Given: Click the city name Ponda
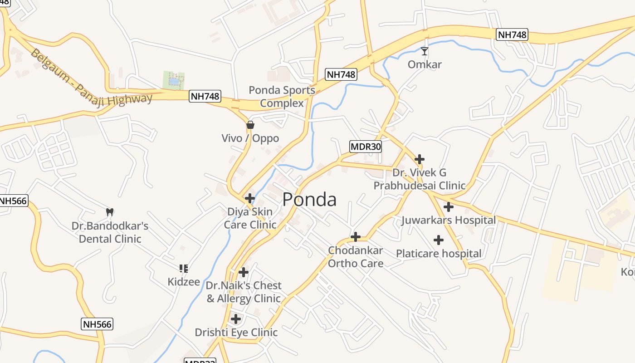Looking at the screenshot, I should pos(309,200).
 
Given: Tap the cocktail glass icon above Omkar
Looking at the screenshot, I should pos(424,51).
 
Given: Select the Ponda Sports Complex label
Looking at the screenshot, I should pos(282,97).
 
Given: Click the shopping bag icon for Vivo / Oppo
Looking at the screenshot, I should pos(250,125).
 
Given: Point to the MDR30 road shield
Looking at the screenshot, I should pos(366,147).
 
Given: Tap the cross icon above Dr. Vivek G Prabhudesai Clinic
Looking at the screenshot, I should pos(420,159).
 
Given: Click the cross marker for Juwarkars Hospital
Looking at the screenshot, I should pos(448,207).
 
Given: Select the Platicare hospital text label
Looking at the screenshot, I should pos(439,253).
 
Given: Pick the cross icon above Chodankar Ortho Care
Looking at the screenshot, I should pos(356,237).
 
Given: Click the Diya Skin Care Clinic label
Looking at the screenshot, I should pos(250,218).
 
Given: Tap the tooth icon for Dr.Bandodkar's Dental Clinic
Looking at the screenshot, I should pos(109,211).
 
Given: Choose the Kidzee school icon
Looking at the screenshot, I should pos(184,269).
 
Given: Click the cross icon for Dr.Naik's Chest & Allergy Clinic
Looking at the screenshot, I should pos(244,272).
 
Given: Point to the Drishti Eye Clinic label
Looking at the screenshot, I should pos(236,333).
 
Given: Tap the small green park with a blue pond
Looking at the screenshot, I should pos(174,80).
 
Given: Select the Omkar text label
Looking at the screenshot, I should pos(425,64).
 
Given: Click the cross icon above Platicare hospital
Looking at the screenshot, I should pos(439,240).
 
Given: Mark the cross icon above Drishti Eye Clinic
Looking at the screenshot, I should pos(236,319).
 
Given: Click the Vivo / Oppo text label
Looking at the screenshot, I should pos(250,138).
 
